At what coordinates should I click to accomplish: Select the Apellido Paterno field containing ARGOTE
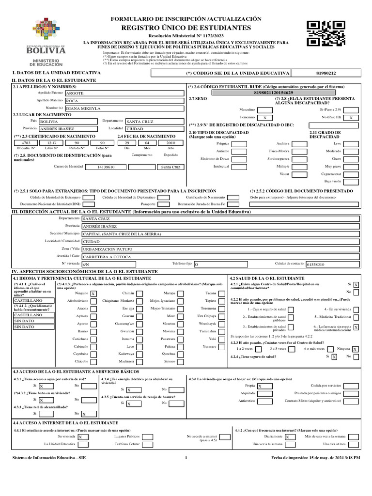(124, 93)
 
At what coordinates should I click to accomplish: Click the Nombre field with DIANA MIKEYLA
(124, 108)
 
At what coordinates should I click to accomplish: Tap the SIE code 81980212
(325, 73)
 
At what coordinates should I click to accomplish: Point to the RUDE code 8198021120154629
(273, 92)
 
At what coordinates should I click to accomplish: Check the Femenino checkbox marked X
(264, 118)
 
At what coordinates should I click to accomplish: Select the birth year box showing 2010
(170, 143)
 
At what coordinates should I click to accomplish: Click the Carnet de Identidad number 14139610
(106, 167)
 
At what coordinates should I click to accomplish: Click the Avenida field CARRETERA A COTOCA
(220, 256)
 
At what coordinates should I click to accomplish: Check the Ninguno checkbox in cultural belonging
(93, 294)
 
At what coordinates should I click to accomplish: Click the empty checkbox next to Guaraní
(139, 316)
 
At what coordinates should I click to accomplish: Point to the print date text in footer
(315, 457)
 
